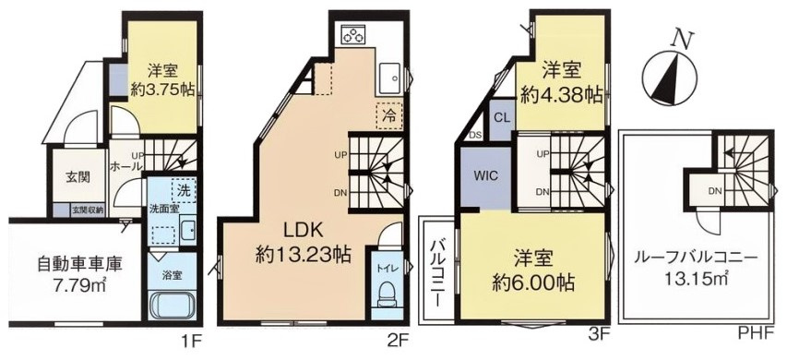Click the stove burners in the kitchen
click(353, 35)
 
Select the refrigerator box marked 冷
click(388, 117)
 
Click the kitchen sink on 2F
click(388, 77)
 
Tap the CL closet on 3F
click(502, 118)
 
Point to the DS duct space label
click(475, 135)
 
